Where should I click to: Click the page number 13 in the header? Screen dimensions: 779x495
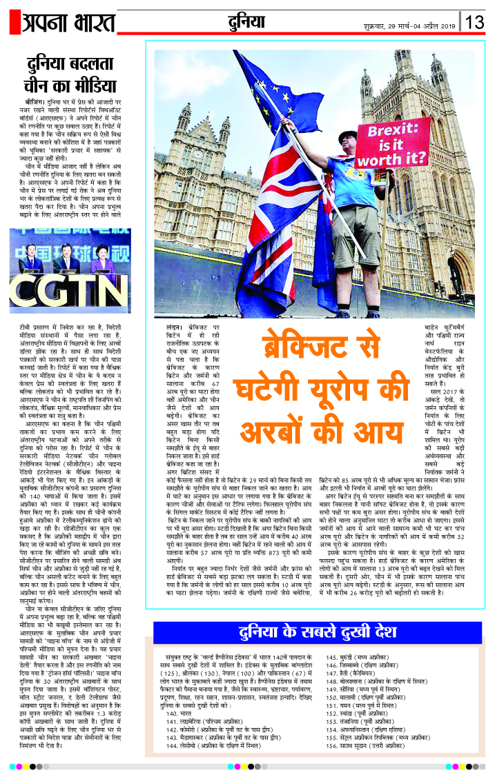click(x=475, y=22)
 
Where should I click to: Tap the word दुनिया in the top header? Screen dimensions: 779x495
click(x=248, y=23)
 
